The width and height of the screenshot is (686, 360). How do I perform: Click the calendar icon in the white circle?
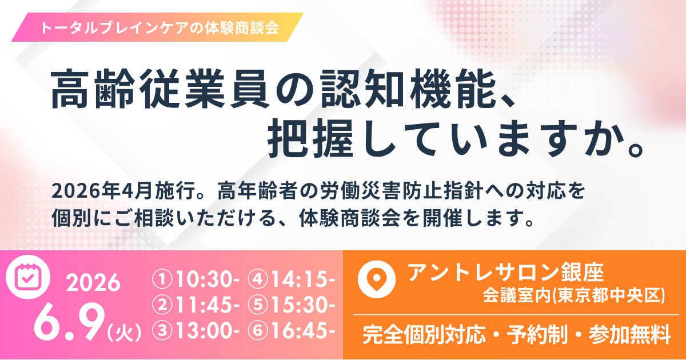28,277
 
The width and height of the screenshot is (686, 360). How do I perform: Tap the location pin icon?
377,279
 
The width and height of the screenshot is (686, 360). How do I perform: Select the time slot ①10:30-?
196,279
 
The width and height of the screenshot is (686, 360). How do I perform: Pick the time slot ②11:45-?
196,305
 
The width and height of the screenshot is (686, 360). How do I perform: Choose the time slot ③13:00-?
196,331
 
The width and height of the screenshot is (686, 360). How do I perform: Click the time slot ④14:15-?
292,279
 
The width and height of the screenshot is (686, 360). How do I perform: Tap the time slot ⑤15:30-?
292,305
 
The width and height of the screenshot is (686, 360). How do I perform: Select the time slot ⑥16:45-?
292,331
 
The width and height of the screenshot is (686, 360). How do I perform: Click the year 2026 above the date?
93,282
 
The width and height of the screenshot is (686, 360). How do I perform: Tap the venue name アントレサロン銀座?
505,272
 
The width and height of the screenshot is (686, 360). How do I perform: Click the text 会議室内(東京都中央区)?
574,295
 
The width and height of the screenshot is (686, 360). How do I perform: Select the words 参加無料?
629,335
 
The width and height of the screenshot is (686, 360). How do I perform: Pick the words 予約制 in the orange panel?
537,335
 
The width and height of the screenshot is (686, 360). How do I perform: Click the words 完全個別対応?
424,335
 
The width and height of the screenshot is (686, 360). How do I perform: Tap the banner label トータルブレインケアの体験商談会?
159,27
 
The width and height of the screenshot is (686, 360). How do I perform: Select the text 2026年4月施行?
124,191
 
